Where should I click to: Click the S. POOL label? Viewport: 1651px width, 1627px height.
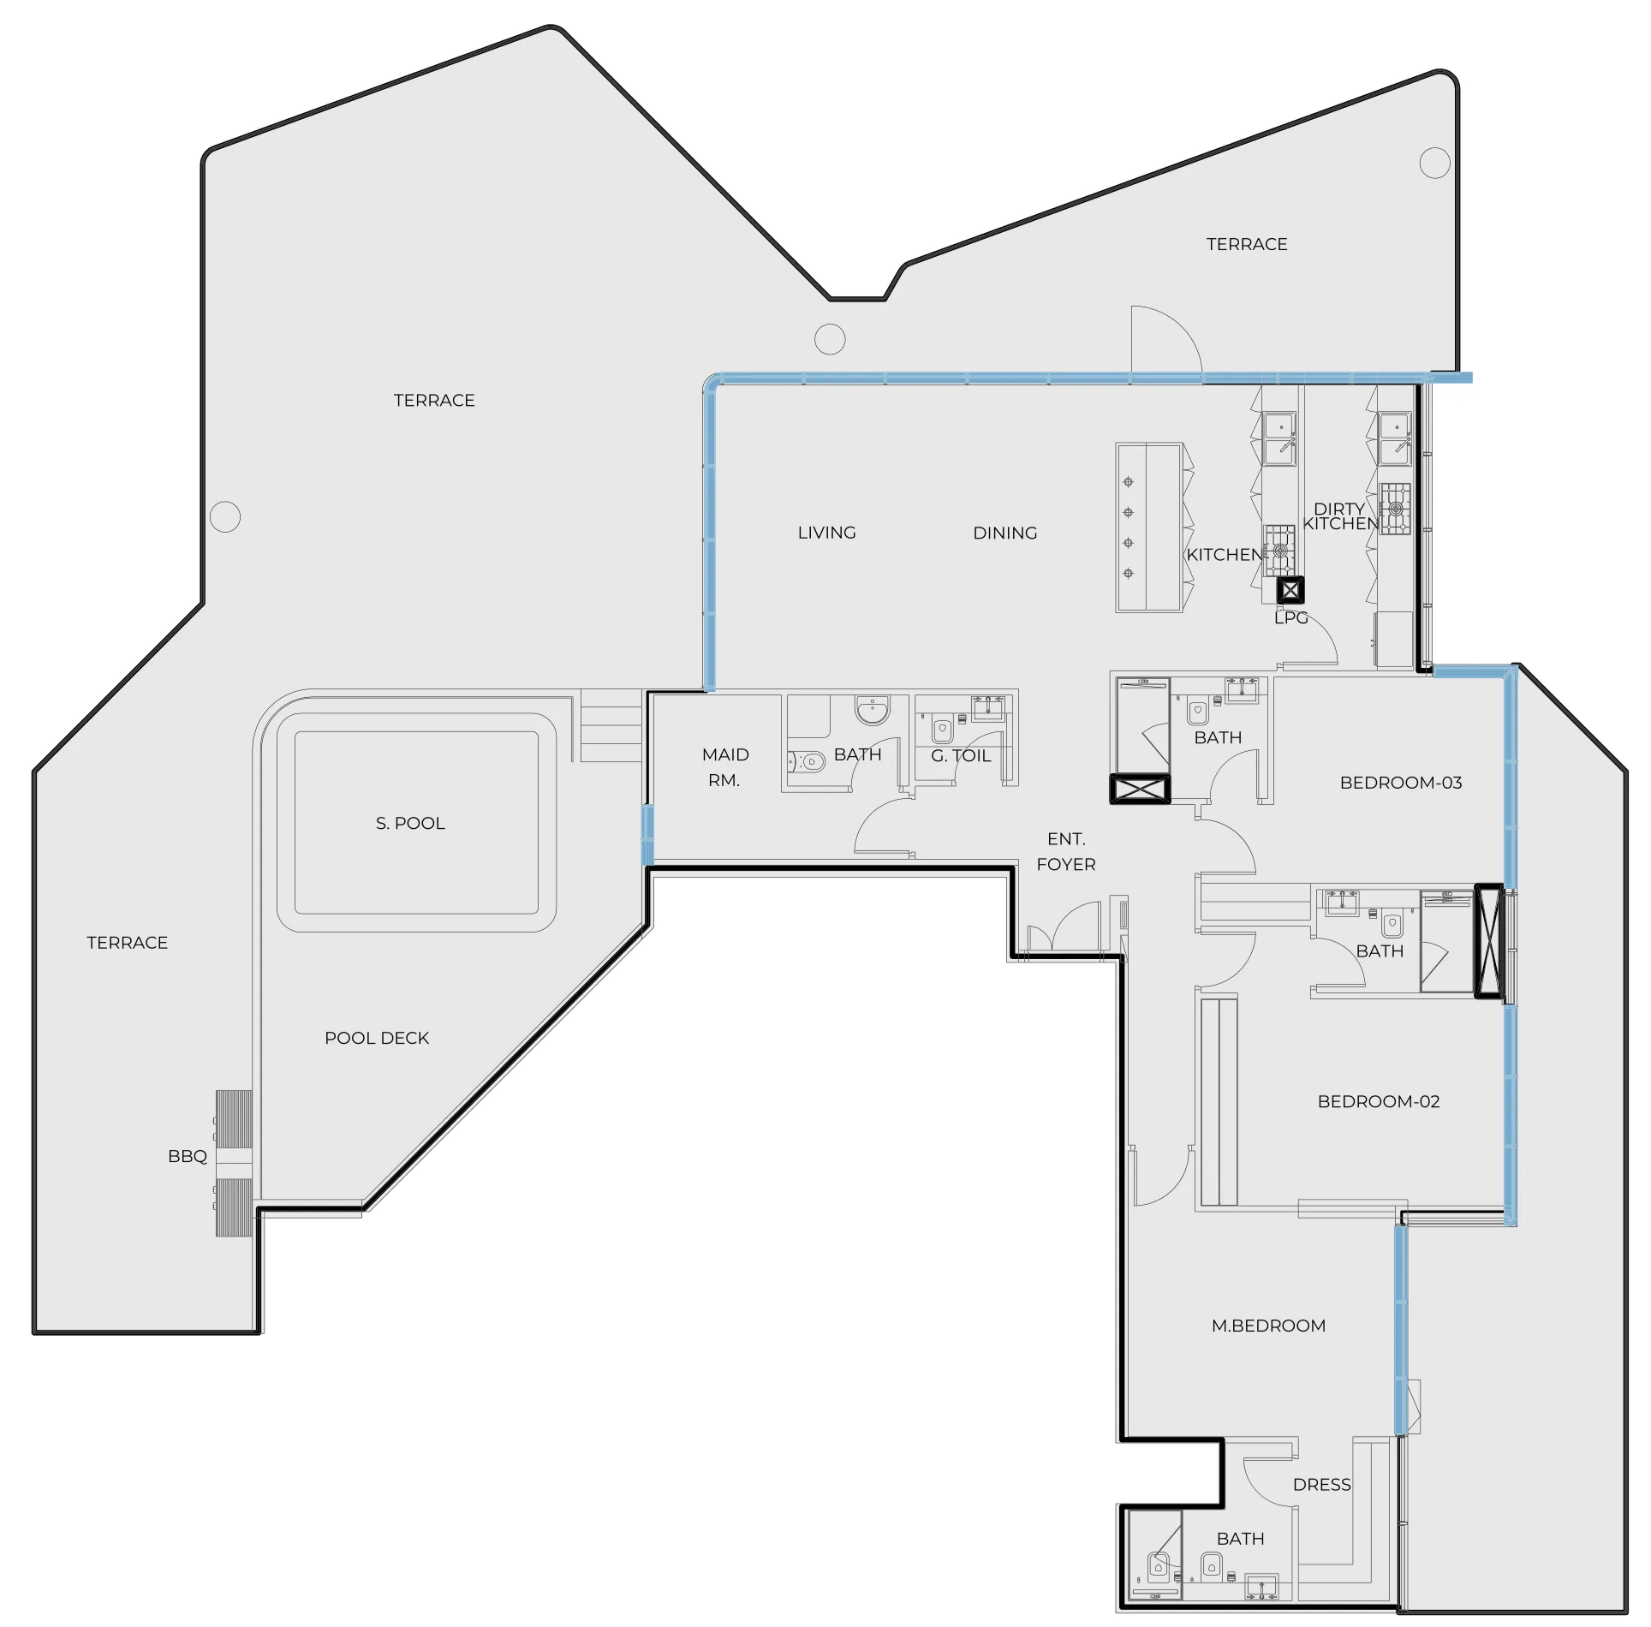(x=410, y=823)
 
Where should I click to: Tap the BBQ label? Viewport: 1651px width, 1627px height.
(x=188, y=1156)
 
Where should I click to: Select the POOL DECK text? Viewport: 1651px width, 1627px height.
(x=377, y=1038)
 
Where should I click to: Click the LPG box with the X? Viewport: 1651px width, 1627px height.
(x=1290, y=590)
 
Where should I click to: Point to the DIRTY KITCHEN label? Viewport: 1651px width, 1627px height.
(x=1340, y=516)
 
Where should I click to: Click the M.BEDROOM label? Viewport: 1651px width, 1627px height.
(x=1268, y=1326)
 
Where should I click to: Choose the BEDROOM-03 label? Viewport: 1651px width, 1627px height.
(x=1400, y=783)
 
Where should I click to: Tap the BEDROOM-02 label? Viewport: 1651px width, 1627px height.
(x=1378, y=1101)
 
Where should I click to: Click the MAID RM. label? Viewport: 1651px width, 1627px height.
(x=724, y=767)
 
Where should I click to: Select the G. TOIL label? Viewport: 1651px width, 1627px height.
(x=961, y=756)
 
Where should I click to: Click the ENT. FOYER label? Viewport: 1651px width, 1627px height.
(x=1066, y=851)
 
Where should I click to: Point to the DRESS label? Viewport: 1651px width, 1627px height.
(x=1321, y=1485)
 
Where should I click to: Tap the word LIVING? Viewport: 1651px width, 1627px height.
(x=826, y=533)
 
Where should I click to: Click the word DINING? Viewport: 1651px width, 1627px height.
(x=1004, y=533)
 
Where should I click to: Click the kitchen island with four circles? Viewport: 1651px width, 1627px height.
(x=1148, y=527)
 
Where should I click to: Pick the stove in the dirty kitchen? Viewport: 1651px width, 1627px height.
(x=1395, y=509)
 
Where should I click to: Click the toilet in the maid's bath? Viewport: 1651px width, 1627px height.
(x=807, y=761)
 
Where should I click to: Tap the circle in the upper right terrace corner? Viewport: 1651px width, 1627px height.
(x=1434, y=163)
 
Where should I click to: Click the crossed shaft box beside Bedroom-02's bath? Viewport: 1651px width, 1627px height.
(x=1488, y=942)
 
